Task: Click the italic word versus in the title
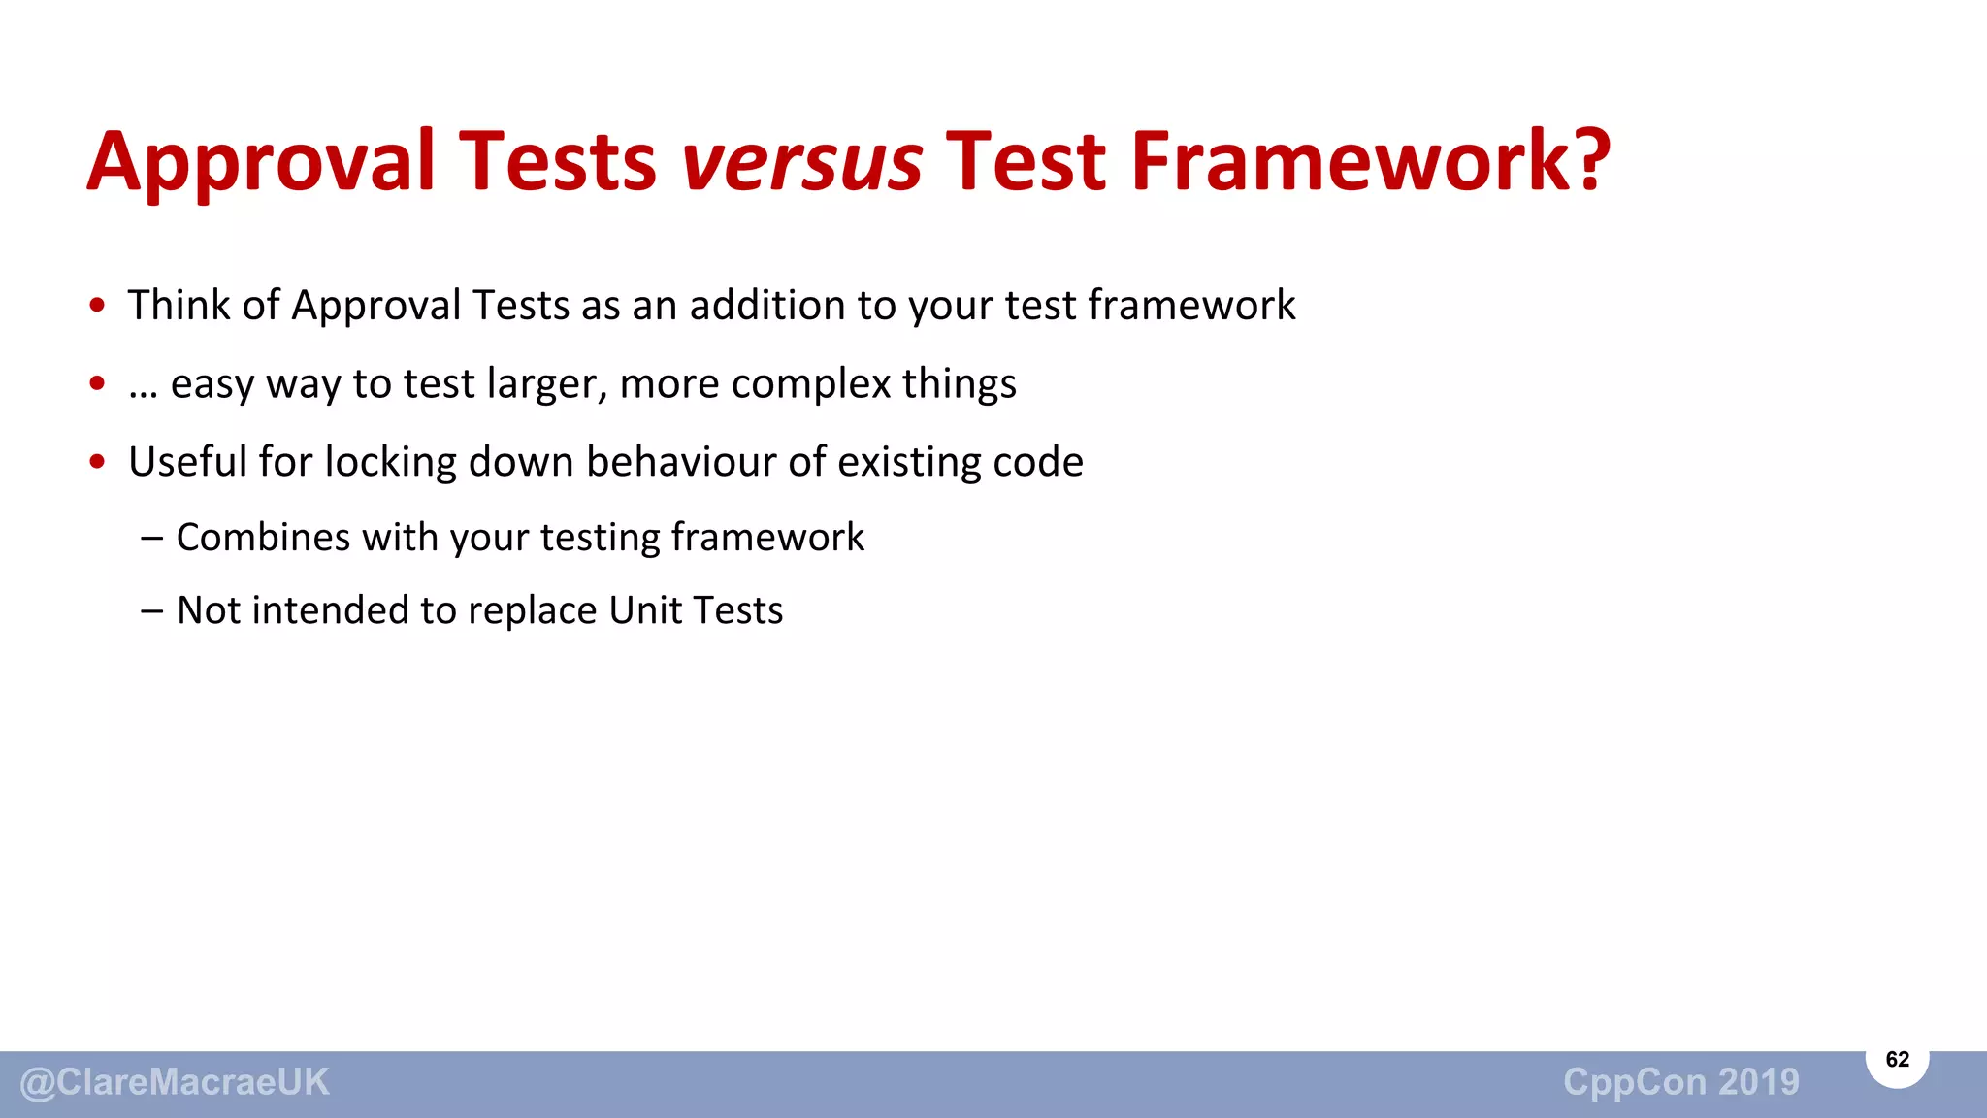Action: tap(801, 161)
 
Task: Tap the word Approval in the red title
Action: tap(261, 161)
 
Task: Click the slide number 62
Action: tap(1897, 1059)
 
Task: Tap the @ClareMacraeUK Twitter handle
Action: tap(175, 1082)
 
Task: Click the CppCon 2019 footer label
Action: tap(1680, 1082)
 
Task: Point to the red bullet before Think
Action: tap(97, 306)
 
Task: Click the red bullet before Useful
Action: tap(97, 462)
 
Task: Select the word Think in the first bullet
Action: tap(179, 305)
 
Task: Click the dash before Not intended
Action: tap(151, 610)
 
